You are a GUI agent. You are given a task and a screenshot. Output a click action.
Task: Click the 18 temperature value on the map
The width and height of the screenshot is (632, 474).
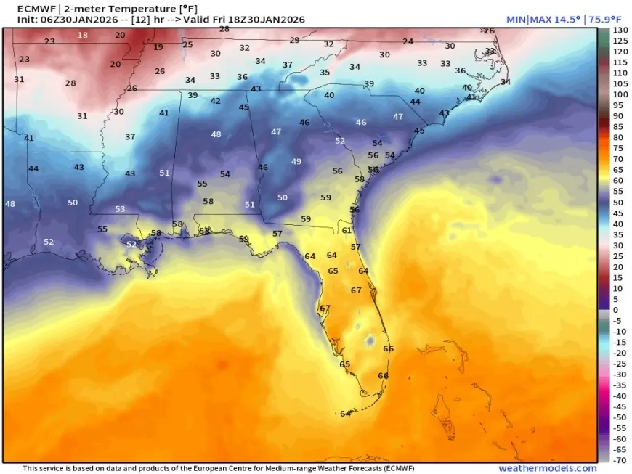coord(83,35)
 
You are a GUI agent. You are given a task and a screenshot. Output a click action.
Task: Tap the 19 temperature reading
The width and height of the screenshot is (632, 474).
coord(158,47)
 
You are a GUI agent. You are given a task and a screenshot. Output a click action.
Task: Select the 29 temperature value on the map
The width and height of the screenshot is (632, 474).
coord(294,41)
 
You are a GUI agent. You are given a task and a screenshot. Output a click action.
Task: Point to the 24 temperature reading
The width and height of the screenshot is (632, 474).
coord(408,42)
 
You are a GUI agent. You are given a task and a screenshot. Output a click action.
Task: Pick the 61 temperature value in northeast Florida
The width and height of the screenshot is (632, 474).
coord(347,230)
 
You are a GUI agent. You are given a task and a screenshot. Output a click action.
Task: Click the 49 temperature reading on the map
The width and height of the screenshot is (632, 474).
coord(296,161)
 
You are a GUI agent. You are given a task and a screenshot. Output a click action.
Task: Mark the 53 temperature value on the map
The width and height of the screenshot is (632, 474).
coord(120,209)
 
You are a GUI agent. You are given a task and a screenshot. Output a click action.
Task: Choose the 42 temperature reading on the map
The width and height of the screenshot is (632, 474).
coord(215,101)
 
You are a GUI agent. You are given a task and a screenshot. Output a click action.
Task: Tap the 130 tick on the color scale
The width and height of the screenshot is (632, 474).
coord(620,30)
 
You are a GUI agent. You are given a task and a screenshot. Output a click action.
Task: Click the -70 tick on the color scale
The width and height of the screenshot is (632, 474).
coord(620,460)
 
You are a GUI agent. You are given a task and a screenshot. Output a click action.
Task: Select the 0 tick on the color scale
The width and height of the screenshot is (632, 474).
coord(617,310)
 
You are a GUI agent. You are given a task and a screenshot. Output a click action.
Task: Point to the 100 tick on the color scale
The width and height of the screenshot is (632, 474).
coord(620,94)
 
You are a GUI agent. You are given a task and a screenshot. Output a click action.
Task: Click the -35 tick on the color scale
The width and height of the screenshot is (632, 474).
coord(619,385)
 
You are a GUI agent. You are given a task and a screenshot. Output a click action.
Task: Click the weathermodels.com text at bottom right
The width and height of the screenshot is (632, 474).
coord(547,468)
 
